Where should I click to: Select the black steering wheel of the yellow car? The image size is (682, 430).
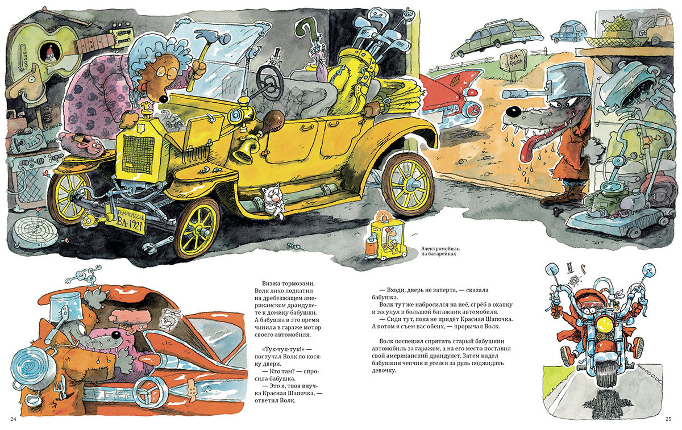269,82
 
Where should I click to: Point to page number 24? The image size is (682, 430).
13,419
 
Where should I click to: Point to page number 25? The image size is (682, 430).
668,419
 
